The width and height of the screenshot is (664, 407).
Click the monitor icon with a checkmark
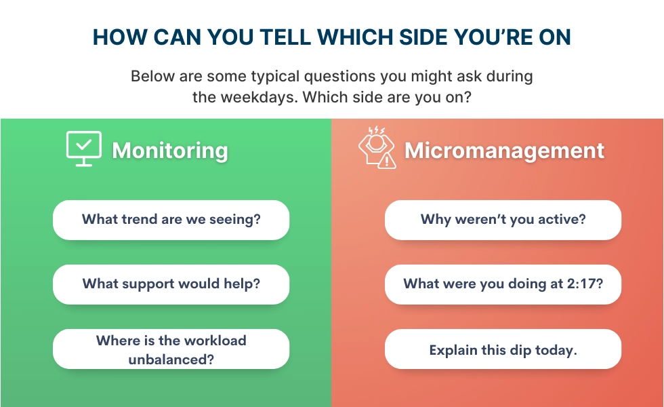coord(83,148)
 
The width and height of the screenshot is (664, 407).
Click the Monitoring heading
coord(169,150)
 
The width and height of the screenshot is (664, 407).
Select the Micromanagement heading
coord(504,150)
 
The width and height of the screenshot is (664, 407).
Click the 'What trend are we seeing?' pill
coord(171,220)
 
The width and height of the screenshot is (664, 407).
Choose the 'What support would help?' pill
coord(171,284)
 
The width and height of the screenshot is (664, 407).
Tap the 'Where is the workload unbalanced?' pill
coord(171,349)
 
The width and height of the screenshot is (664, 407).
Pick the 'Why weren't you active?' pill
coord(503,220)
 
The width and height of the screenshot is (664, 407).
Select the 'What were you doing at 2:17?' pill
coord(503,284)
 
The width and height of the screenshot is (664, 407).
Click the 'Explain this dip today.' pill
coord(503,350)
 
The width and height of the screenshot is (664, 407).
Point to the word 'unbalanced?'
coord(171,359)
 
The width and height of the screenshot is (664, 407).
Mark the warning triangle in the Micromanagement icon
coord(387,161)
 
